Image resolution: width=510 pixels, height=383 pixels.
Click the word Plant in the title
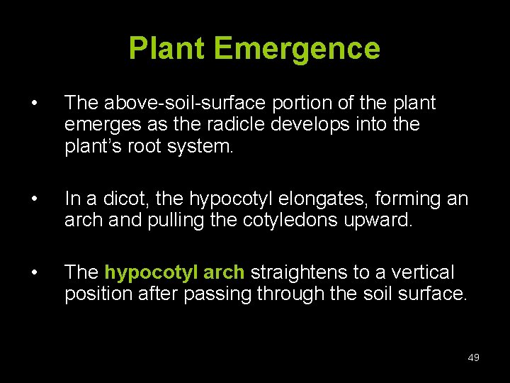point(167,49)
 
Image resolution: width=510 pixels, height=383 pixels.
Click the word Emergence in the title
point(297,49)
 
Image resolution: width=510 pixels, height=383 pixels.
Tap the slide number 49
point(474,357)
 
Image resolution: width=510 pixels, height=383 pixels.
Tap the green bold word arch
point(224,272)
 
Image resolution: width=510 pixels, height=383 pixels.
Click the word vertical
point(420,272)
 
